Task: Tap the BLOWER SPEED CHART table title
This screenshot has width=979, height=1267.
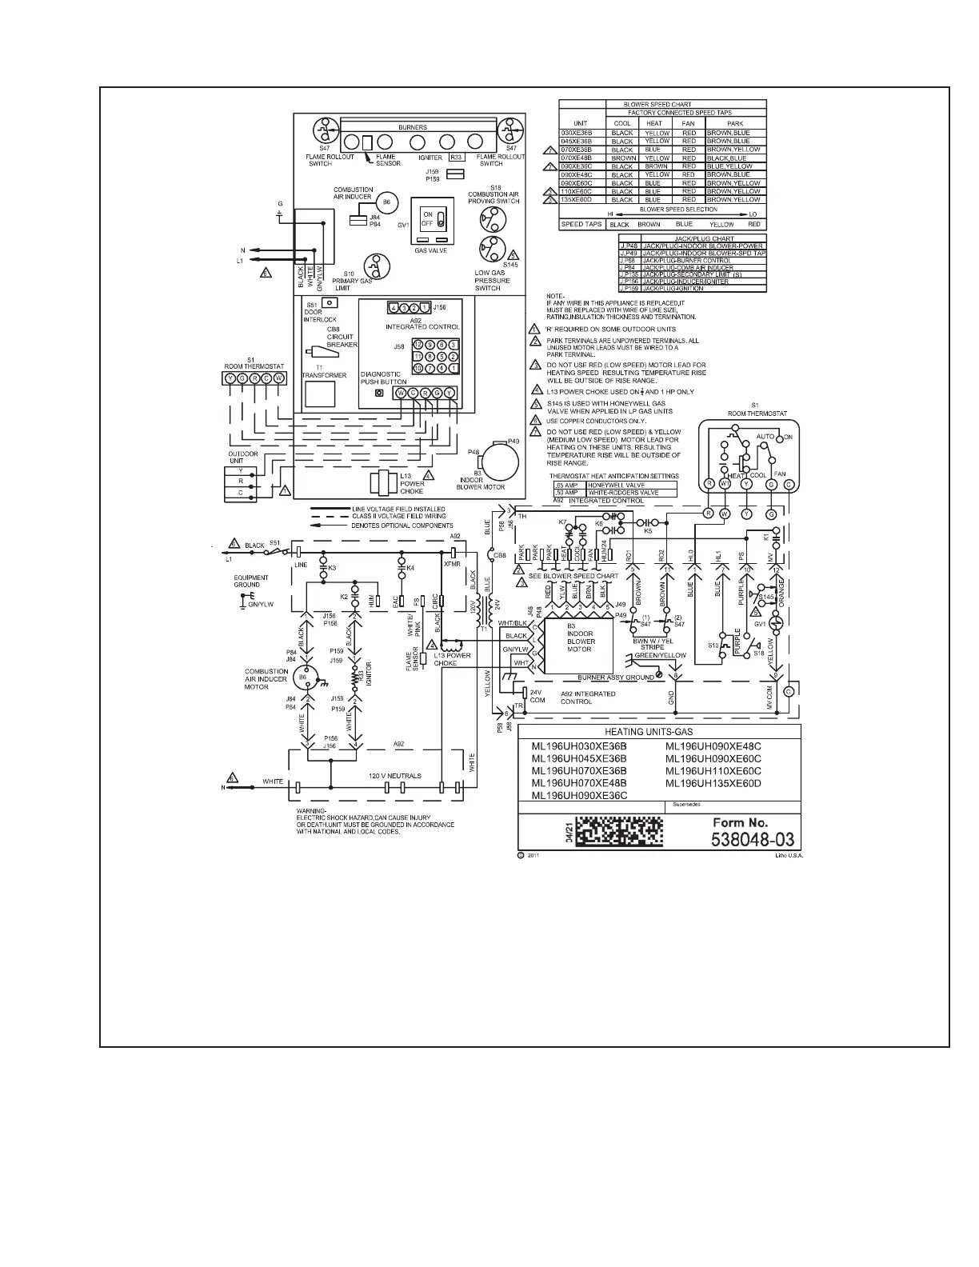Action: (661, 104)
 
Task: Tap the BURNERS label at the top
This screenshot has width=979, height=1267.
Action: (413, 127)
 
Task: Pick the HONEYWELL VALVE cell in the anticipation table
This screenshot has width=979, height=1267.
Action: (615, 485)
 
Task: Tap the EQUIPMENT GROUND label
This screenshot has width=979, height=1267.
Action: (251, 581)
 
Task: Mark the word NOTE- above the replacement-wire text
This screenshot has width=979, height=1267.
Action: (555, 296)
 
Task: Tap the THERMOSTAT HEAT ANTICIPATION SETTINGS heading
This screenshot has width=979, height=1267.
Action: (613, 475)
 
